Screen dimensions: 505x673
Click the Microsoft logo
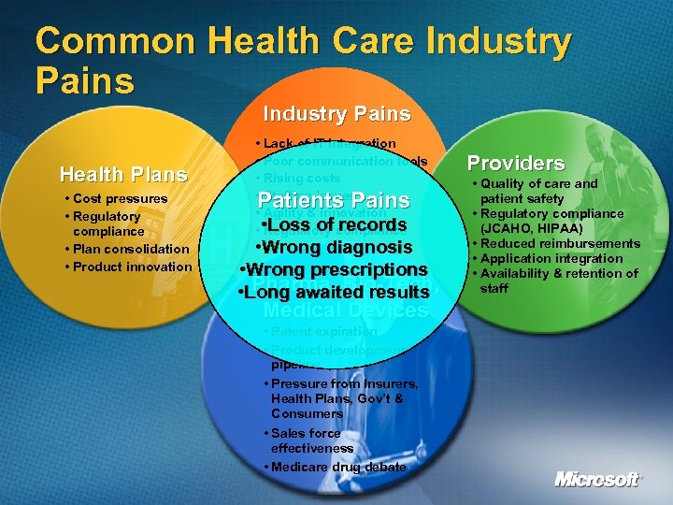pyautogui.click(x=598, y=480)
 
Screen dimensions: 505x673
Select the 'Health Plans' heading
pyautogui.click(x=123, y=174)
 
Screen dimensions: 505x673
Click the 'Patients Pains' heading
pyautogui.click(x=334, y=200)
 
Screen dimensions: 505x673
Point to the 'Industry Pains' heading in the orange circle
pyautogui.click(x=336, y=114)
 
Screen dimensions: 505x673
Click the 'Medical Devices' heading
pyautogui.click(x=345, y=310)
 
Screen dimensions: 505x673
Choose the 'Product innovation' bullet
pyautogui.click(x=131, y=267)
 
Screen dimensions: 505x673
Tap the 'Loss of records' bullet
pyautogui.click(x=334, y=224)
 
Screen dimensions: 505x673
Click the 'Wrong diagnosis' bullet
pyautogui.click(x=334, y=248)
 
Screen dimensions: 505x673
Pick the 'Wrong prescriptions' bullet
pyautogui.click(x=334, y=270)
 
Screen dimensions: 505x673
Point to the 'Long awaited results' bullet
pyautogui.click(x=334, y=294)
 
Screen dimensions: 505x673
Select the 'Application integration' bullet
pyautogui.click(x=552, y=258)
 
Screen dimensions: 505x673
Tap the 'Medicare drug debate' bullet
pyautogui.click(x=336, y=467)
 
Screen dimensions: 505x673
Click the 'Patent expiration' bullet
pyautogui.click(x=322, y=331)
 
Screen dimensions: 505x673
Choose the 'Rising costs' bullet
pyautogui.click(x=304, y=178)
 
